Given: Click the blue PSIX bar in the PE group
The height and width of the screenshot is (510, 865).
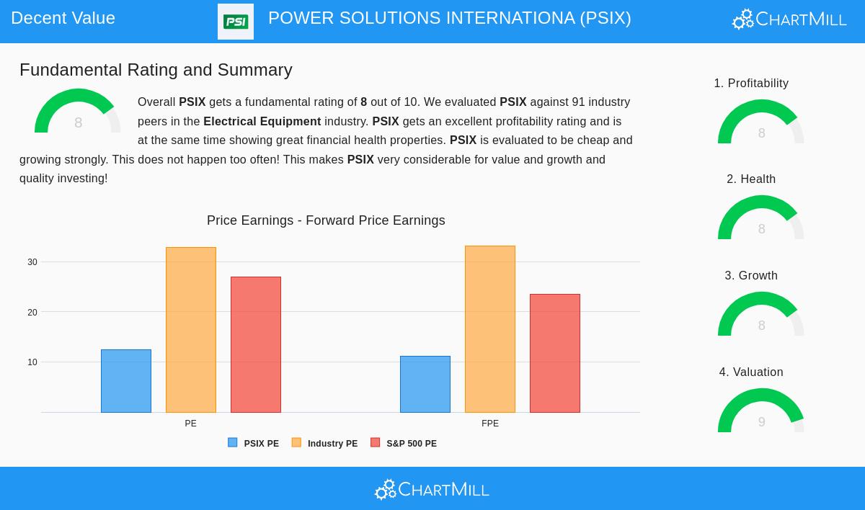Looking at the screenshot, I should coord(126,381).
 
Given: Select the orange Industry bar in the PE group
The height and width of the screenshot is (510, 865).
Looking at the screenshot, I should coord(191,330).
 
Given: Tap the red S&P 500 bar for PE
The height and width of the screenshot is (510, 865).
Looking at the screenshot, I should coord(256,344).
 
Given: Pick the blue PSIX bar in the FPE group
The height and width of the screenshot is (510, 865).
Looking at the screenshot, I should coord(425,384).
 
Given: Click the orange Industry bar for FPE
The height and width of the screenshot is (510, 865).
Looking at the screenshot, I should coord(490,329).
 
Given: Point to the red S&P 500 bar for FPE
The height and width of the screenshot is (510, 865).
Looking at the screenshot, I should coord(555,353).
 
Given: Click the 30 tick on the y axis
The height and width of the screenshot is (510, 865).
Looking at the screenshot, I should coord(32,262).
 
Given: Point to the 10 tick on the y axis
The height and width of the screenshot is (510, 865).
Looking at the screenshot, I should coord(32,362).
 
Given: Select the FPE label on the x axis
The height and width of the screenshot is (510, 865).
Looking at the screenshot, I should coord(490,424).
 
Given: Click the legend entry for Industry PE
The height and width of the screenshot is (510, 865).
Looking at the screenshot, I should coord(325,444).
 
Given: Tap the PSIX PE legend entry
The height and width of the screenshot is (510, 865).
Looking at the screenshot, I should coord(254,444).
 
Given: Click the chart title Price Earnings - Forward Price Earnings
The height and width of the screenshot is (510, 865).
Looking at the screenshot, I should coord(326,220).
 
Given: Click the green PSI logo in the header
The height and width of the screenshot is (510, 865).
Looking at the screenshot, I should coord(236,22).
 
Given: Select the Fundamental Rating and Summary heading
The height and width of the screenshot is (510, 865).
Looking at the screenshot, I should coord(156,70).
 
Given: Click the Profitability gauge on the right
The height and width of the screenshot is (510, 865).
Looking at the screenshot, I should coord(761,125).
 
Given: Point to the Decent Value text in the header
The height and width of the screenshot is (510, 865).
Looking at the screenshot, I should coord(63,18).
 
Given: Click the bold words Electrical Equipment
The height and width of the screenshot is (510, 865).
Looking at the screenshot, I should coord(262,122).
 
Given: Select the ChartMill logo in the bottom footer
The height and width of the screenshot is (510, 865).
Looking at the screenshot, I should coord(432,490).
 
